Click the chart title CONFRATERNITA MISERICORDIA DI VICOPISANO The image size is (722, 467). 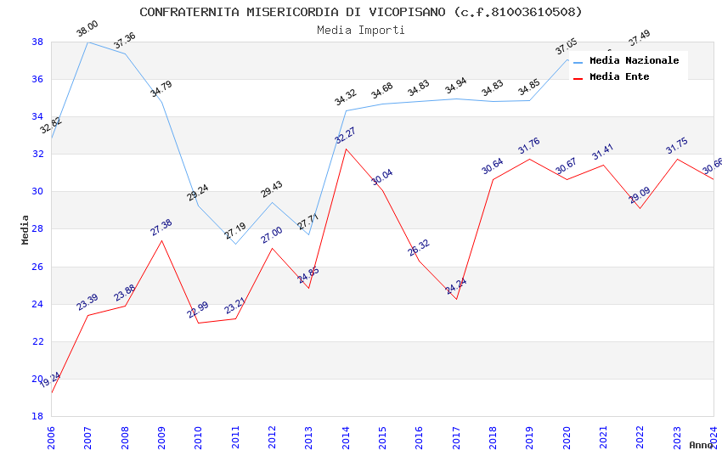361,12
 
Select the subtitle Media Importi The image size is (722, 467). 361,30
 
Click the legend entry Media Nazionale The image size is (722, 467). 634,61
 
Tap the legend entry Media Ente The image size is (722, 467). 619,77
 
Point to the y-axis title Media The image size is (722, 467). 25,229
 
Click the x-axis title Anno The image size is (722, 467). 701,445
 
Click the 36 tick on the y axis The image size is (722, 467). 38,80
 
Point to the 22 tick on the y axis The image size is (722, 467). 38,341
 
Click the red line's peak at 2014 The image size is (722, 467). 346,149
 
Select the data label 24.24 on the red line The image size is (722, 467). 456,286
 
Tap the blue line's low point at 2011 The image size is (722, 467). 235,244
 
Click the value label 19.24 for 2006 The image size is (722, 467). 51,380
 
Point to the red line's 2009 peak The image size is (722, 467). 161,240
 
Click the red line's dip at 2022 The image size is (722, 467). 640,208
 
